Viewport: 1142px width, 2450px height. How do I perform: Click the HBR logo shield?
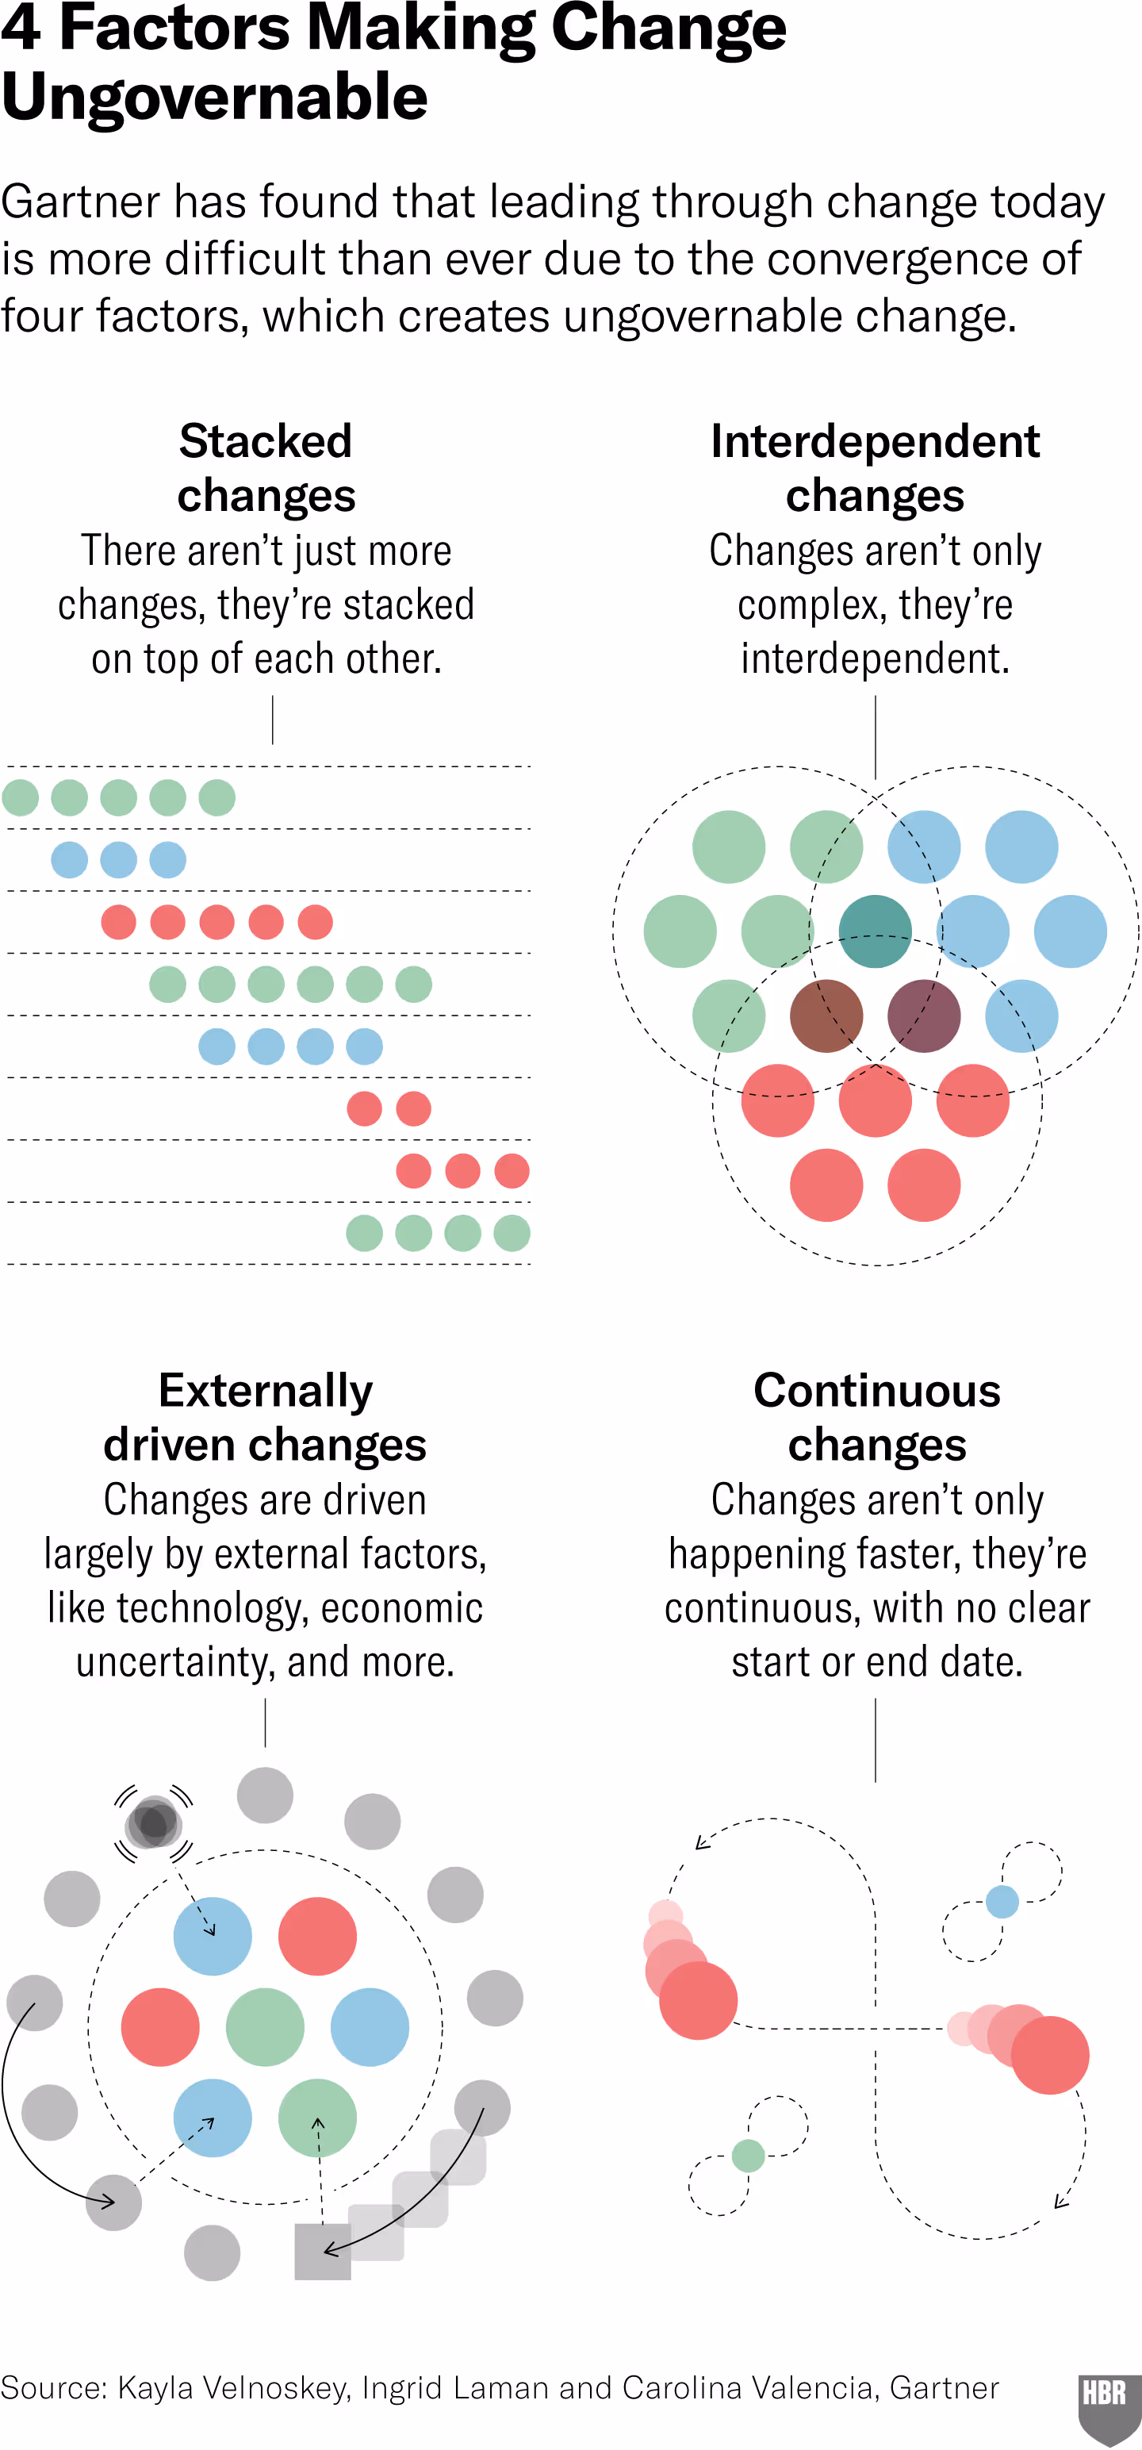[x=1105, y=2403]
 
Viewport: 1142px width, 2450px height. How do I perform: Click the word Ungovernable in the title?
[x=215, y=98]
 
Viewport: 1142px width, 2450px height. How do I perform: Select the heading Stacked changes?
[x=266, y=468]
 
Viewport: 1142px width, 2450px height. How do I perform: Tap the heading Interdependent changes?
[x=875, y=468]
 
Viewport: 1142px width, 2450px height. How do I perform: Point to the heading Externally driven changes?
[x=266, y=1417]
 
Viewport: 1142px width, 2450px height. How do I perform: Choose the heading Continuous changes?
[x=876, y=1417]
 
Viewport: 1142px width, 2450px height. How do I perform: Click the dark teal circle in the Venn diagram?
[x=875, y=931]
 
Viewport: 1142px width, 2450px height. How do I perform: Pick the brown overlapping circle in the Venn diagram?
[x=826, y=1016]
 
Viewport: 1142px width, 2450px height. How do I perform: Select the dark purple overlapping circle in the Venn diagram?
[x=923, y=1016]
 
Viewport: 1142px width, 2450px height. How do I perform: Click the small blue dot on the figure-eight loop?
[x=1002, y=1901]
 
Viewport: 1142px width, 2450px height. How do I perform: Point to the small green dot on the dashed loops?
[x=749, y=2155]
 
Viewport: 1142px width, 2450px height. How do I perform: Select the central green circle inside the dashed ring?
[x=266, y=2027]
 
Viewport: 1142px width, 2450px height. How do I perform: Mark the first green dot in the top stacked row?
[x=21, y=797]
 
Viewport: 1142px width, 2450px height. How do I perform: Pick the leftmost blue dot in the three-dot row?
[x=70, y=860]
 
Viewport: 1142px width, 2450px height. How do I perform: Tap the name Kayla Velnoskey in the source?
[x=234, y=2387]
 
